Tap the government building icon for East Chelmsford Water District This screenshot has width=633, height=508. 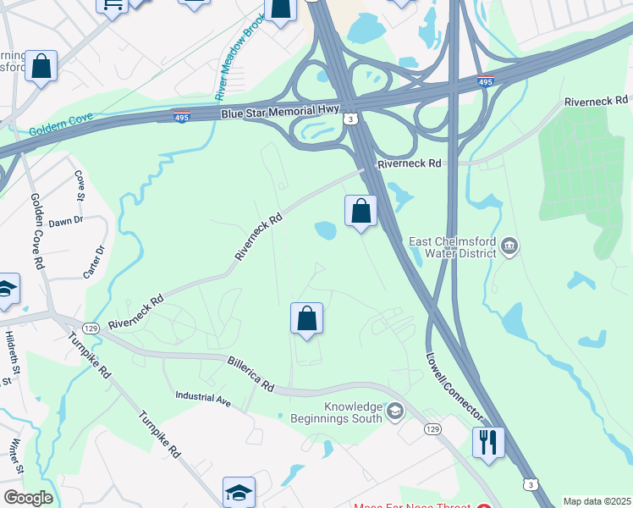pos(509,247)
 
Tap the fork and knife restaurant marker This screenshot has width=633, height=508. pos(488,442)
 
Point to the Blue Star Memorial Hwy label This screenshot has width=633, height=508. pos(280,112)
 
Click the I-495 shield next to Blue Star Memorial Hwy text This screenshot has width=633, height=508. pos(180,116)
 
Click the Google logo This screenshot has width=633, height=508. pos(27,499)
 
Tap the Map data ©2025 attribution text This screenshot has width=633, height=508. pos(597,501)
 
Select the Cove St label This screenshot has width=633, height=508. pos(80,184)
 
